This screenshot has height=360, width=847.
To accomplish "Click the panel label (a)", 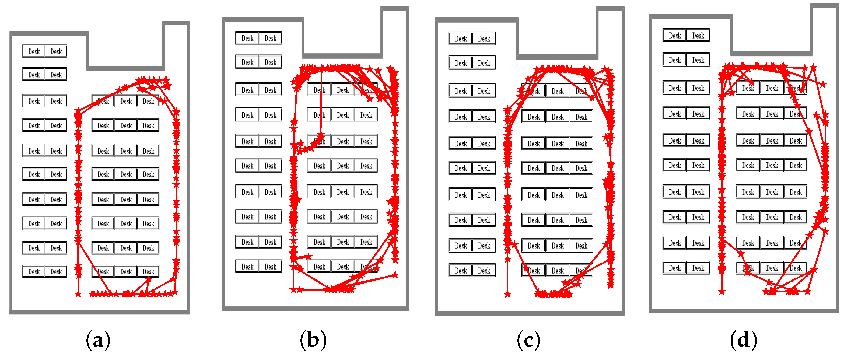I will tap(98, 340).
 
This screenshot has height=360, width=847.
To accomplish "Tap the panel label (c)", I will tap(528, 340).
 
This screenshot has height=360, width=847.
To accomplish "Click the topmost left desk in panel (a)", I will tap(34, 51).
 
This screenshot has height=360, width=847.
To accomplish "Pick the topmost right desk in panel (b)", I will tap(270, 38).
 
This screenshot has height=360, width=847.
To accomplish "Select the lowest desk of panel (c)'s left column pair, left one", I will tap(461, 271).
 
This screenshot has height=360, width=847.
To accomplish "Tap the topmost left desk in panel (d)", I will tap(675, 36).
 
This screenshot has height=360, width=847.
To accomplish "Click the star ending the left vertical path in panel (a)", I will tap(78, 293).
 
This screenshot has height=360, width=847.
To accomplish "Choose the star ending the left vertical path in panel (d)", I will tap(722, 292).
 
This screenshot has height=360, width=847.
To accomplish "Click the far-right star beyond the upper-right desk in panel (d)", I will tap(823, 84).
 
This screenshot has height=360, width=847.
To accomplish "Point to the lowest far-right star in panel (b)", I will tap(395, 275).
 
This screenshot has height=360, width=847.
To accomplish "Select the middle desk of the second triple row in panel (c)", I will tap(558, 117).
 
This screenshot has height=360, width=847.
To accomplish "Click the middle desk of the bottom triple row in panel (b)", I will tap(343, 267).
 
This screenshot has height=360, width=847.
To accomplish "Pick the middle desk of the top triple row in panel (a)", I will tap(126, 101).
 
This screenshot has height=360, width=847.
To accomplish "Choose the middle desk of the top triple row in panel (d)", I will tap(772, 88).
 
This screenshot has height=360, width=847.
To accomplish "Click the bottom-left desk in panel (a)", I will tap(34, 272).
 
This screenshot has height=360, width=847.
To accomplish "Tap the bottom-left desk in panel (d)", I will tap(675, 268).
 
